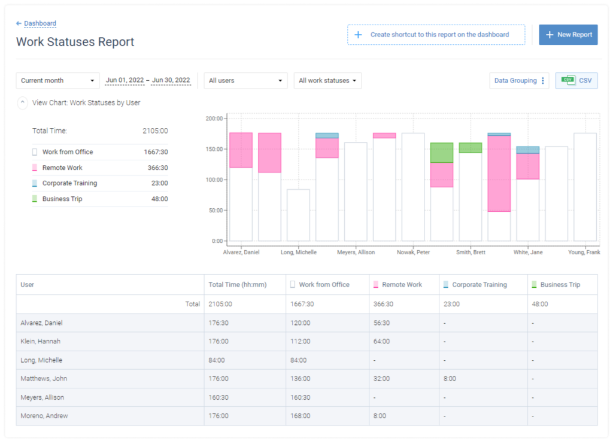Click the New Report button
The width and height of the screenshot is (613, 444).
(568, 35)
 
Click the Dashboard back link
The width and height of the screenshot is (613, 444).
(40, 23)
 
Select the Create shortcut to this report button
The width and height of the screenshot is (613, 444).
(436, 35)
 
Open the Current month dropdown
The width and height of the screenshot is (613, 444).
(57, 81)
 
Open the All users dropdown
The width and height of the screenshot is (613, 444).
(245, 81)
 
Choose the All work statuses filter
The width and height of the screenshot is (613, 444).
(327, 81)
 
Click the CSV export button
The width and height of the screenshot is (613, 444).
(576, 81)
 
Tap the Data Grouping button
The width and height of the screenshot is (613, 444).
(519, 81)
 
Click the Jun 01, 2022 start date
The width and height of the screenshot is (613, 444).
(125, 80)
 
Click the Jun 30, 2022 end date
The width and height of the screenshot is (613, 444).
(171, 80)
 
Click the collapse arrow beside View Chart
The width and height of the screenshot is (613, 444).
(23, 103)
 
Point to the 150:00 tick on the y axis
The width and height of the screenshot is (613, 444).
(214, 149)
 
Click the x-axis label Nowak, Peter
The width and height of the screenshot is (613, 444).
(413, 253)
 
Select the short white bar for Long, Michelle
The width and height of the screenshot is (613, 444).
(298, 215)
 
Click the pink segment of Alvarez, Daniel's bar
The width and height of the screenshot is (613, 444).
(241, 150)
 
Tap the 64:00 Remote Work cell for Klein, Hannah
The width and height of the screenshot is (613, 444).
(382, 342)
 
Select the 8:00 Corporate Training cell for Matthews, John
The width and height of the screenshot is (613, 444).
(450, 379)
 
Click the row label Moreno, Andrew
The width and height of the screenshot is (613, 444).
(44, 416)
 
